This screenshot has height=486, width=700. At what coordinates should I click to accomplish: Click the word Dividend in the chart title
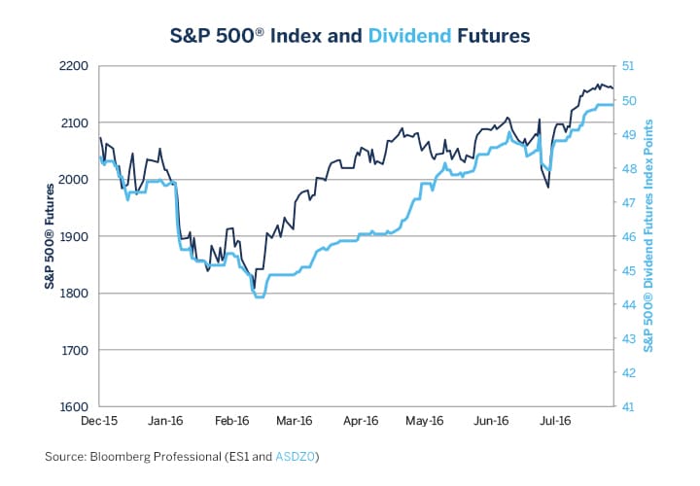pyautogui.click(x=409, y=36)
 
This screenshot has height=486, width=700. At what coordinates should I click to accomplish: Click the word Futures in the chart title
pyautogui.click(x=493, y=36)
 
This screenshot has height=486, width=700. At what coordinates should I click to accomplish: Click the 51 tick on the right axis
pyautogui.click(x=628, y=66)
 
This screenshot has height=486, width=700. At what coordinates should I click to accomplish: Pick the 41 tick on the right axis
pyautogui.click(x=628, y=406)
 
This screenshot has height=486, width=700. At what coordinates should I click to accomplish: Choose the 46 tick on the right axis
pyautogui.click(x=628, y=236)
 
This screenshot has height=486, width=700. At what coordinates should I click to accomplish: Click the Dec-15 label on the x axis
pyautogui.click(x=99, y=422)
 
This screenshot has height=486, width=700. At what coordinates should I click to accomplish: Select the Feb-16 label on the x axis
pyautogui.click(x=230, y=422)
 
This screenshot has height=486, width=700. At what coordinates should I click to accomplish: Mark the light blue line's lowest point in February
pyautogui.click(x=259, y=296)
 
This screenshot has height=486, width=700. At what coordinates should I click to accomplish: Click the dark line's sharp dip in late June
pyautogui.click(x=548, y=187)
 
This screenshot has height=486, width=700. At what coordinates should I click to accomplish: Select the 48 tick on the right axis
pyautogui.click(x=628, y=168)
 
